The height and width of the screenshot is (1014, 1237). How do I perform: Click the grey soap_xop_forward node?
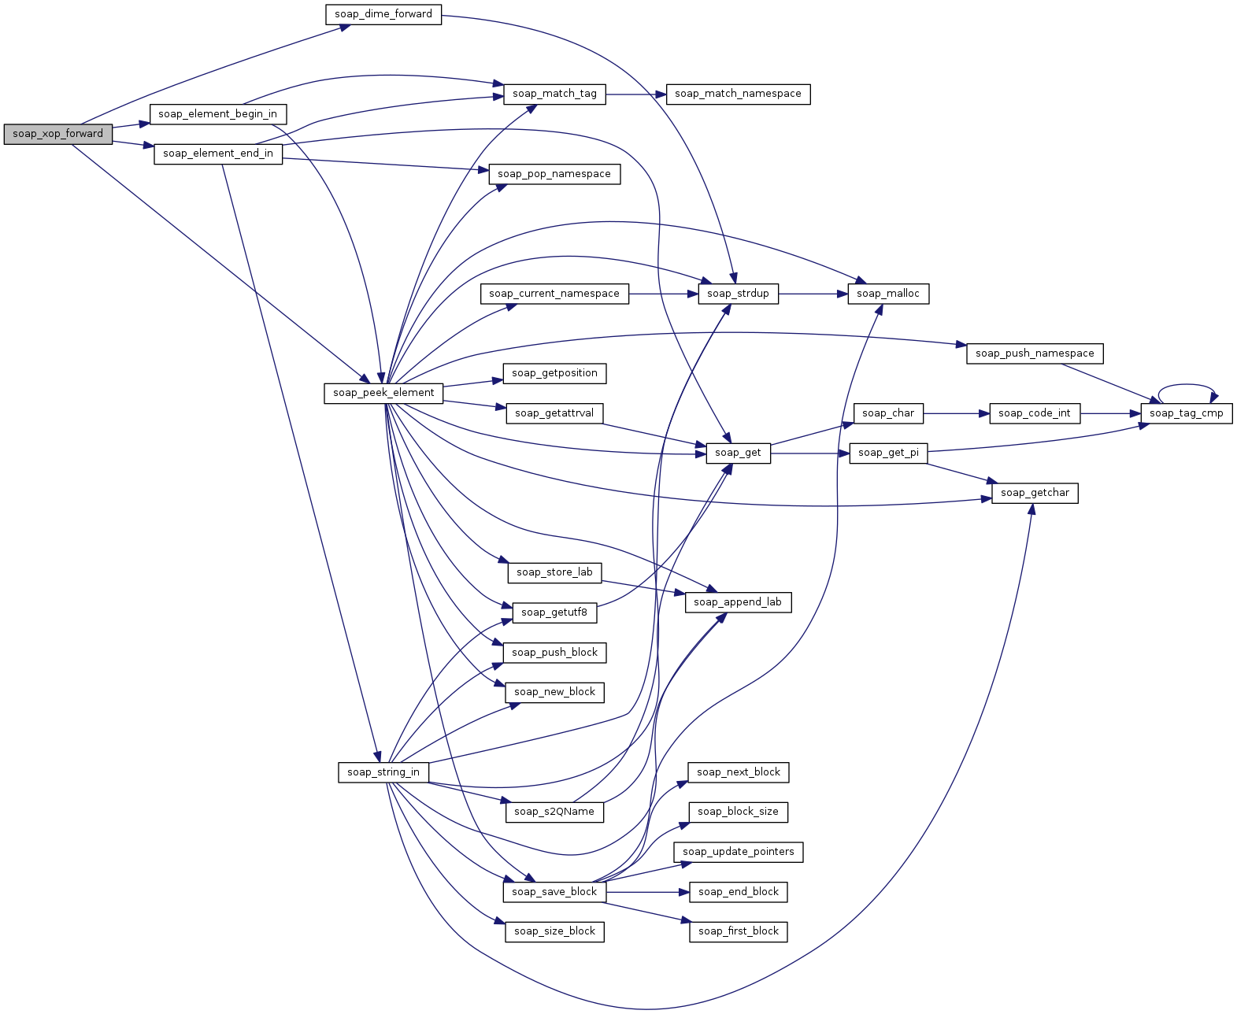[x=58, y=135]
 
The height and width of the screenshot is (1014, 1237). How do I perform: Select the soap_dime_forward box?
[x=383, y=15]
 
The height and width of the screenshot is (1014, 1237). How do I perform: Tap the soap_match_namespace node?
[x=738, y=94]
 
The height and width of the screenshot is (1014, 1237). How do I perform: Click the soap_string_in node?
[x=383, y=772]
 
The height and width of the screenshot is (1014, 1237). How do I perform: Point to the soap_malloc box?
[x=888, y=294]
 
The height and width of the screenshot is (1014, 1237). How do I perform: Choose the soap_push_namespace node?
[x=1035, y=353]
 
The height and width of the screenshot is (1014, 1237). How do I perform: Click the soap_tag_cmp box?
[x=1186, y=413]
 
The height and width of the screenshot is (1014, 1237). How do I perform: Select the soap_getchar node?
[x=1035, y=493]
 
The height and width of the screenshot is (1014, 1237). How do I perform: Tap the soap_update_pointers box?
[x=739, y=852]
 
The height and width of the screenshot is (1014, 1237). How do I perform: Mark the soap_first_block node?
[x=739, y=932]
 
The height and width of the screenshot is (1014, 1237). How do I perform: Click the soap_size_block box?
[x=554, y=932]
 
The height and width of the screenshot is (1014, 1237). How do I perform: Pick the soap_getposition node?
[x=554, y=374]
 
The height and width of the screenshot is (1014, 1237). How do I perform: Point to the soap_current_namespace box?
[x=554, y=294]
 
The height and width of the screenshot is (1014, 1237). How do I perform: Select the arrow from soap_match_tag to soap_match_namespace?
[x=635, y=94]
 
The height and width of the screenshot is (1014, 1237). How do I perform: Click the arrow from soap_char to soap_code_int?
[x=956, y=413]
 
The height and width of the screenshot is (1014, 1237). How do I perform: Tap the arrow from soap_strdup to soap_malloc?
[x=813, y=294]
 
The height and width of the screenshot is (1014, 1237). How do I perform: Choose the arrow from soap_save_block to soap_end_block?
[x=647, y=892]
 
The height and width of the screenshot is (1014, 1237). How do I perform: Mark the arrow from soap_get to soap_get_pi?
[x=809, y=453]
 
